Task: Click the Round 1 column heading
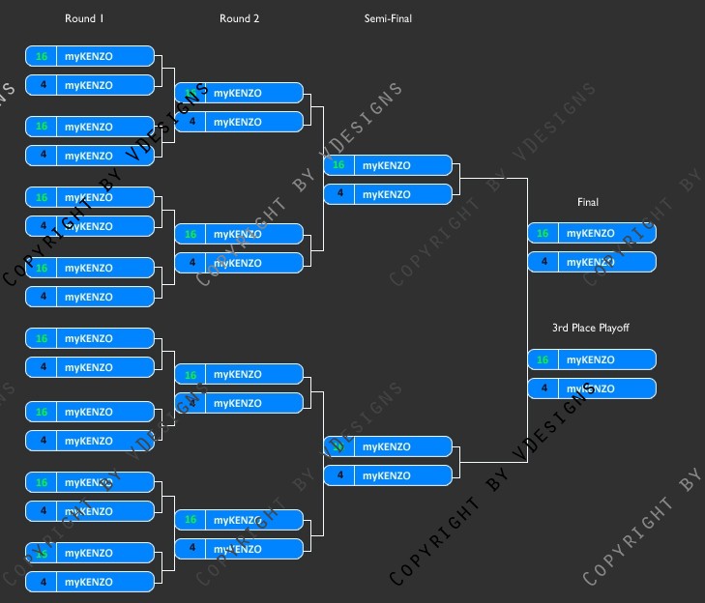[x=84, y=18]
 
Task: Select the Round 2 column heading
[x=240, y=18]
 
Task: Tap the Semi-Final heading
[x=388, y=18]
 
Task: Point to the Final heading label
[x=588, y=202]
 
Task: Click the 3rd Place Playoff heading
[x=591, y=328]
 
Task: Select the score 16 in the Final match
[x=543, y=233]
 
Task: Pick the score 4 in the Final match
[x=543, y=262]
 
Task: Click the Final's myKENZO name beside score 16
[x=591, y=233]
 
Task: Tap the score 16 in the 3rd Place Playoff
[x=543, y=359]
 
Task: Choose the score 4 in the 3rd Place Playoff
[x=543, y=388]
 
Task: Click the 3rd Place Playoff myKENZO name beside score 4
[x=591, y=388]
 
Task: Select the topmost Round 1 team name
[x=89, y=56]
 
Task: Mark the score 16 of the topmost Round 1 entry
[x=42, y=56]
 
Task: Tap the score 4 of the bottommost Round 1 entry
[x=42, y=582]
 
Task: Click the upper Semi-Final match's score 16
[x=338, y=165]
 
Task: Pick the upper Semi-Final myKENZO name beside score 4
[x=387, y=194]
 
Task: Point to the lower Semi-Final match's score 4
[x=338, y=475]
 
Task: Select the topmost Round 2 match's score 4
[x=191, y=122]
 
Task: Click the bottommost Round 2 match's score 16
[x=191, y=520]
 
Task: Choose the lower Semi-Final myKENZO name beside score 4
[x=387, y=475]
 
